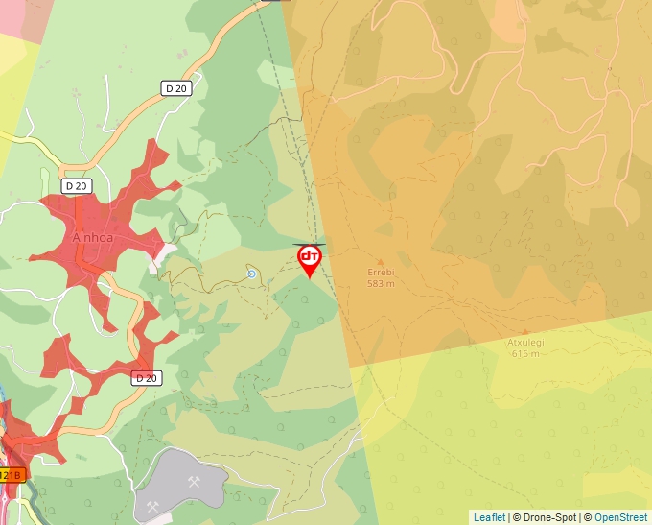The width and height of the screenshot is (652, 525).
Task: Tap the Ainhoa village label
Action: click(94, 237)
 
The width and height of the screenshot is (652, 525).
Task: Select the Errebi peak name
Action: click(381, 273)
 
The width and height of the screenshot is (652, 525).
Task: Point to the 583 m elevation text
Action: click(381, 284)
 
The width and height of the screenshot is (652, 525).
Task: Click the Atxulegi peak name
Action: click(524, 343)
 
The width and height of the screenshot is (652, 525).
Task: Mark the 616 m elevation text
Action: click(525, 354)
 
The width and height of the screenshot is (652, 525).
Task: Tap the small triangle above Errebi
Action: click(381, 261)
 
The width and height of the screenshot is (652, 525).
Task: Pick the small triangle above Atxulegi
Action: click(524, 332)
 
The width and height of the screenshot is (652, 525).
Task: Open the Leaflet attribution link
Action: click(489, 517)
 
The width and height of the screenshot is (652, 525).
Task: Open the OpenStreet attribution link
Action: click(620, 517)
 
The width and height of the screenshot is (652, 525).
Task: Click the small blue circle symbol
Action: click(251, 274)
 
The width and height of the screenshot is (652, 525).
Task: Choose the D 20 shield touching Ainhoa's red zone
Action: click(76, 184)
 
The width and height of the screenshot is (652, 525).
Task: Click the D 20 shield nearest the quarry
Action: click(146, 378)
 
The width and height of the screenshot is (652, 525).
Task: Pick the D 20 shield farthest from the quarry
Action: click(175, 88)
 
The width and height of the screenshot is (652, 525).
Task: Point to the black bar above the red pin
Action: click(309, 245)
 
